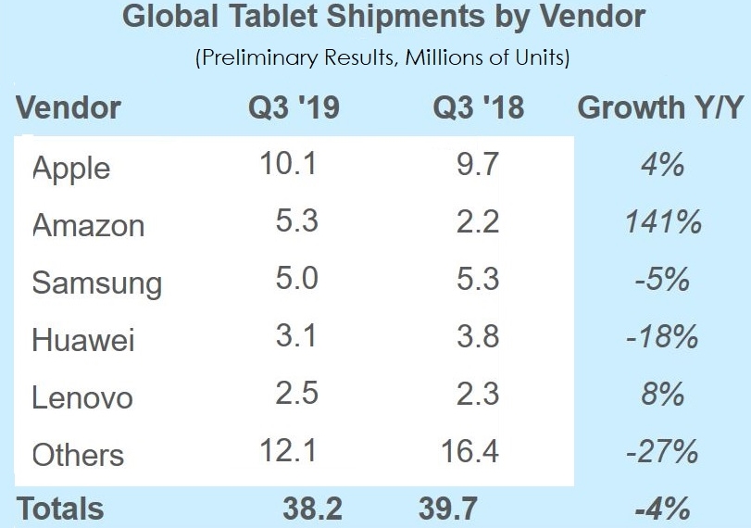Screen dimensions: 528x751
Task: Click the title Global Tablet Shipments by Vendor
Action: [x=383, y=18]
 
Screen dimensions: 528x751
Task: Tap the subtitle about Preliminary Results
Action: [x=382, y=58]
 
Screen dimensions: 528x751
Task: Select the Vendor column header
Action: [x=69, y=107]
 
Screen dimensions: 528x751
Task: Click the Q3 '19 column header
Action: [x=294, y=107]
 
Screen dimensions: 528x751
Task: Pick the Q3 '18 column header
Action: [x=478, y=107]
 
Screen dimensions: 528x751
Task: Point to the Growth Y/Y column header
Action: [x=659, y=107]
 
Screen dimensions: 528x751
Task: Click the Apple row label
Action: [x=71, y=169]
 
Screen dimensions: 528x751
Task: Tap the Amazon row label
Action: [x=89, y=225]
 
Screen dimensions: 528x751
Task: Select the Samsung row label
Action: [x=97, y=283]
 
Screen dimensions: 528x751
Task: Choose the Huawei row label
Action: [x=83, y=340]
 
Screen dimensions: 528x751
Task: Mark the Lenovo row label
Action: [x=82, y=397]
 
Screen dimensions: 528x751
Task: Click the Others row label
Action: [x=78, y=455]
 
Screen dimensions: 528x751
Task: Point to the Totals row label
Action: [x=61, y=509]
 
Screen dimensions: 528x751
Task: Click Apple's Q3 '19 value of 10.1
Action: [x=289, y=165]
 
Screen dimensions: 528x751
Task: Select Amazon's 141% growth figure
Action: [x=662, y=222]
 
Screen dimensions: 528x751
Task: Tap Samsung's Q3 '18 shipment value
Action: [x=478, y=280]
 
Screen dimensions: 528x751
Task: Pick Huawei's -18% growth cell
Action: [x=662, y=337]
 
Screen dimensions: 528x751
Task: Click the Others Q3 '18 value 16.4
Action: [x=469, y=451]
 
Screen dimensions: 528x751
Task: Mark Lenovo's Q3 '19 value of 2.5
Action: [x=296, y=394]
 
